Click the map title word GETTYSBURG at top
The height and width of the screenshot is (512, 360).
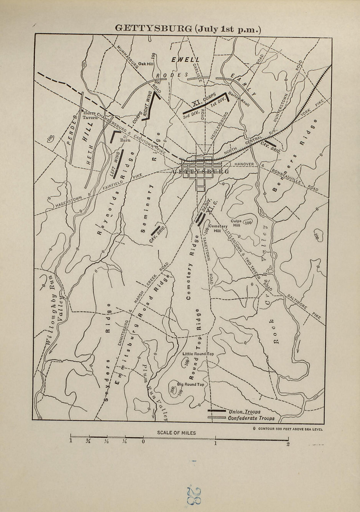pos(153,28)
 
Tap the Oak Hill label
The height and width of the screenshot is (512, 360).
pos(146,64)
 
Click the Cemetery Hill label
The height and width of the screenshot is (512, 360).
pos(218,228)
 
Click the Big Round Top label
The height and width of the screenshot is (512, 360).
pos(190,384)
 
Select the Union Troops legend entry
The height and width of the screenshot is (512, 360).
pos(245,412)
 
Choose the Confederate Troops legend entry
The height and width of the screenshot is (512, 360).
pos(251,418)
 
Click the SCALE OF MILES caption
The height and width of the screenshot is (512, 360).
pos(176,433)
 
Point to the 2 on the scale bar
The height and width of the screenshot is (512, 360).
pos(288,445)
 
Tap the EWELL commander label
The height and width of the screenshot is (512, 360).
pos(185,60)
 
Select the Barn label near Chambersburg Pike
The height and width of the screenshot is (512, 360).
pos(125,140)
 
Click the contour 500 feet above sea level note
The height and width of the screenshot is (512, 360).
pos(287,429)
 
